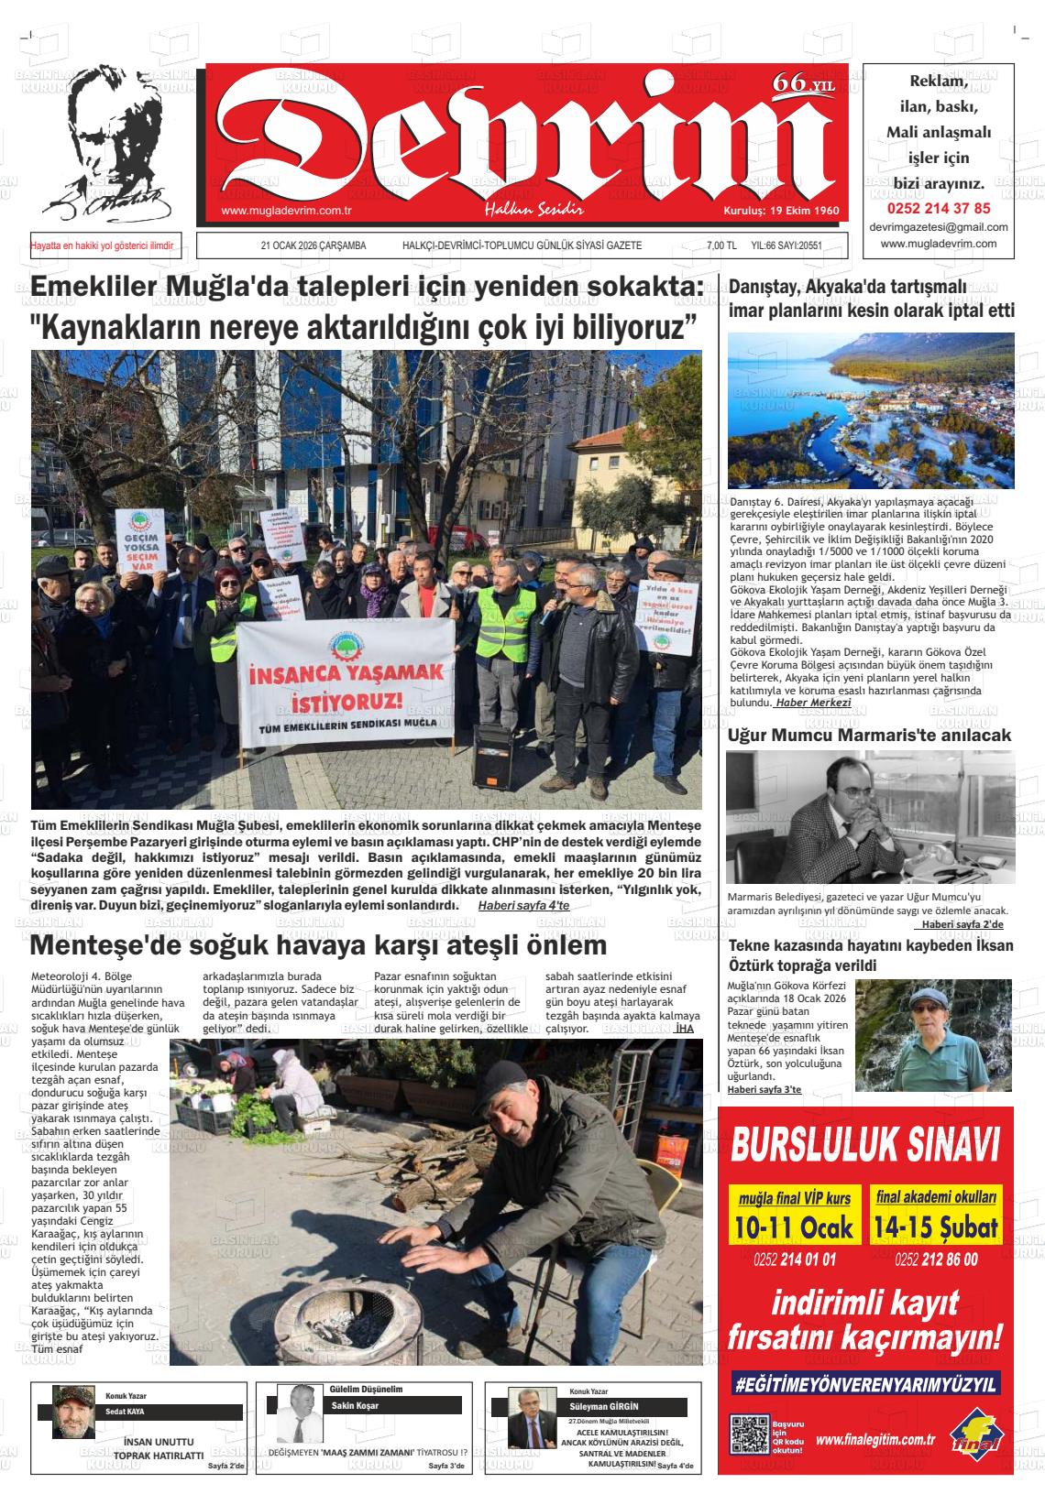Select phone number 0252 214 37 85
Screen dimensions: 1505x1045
pyautogui.click(x=939, y=208)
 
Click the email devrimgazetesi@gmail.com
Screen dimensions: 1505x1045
pyautogui.click(x=939, y=227)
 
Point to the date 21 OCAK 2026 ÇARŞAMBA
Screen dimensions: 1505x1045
pyautogui.click(x=313, y=245)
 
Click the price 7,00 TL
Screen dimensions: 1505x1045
pyautogui.click(x=721, y=245)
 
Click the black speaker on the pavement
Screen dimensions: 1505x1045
pyautogui.click(x=493, y=756)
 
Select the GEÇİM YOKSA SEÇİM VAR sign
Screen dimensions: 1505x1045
pyautogui.click(x=146, y=540)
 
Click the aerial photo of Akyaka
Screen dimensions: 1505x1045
pyautogui.click(x=871, y=409)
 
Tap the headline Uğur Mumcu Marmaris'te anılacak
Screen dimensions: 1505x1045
pyautogui.click(x=869, y=735)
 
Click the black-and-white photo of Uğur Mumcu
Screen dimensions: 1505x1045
pyautogui.click(x=870, y=817)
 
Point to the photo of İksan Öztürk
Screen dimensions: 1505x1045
pyautogui.click(x=934, y=1035)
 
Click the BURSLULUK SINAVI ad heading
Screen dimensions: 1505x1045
pyautogui.click(x=865, y=1144)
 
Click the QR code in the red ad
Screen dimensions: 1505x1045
pyautogui.click(x=748, y=1434)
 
